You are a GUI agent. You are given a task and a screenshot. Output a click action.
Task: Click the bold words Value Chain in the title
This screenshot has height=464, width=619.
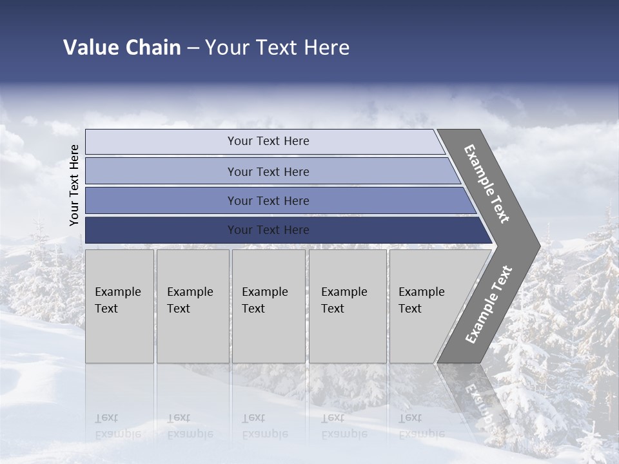click(x=122, y=48)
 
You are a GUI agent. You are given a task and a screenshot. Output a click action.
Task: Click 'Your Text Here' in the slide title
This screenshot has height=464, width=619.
click(x=277, y=48)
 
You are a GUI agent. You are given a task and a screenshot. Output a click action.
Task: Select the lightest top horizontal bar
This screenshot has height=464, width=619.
click(x=161, y=142)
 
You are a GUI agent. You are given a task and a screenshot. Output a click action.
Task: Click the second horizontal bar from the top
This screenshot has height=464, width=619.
click(x=161, y=171)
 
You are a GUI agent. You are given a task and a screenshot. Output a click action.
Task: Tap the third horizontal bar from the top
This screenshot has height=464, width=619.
click(x=161, y=200)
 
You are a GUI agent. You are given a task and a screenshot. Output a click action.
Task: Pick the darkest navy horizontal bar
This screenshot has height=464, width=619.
click(x=161, y=230)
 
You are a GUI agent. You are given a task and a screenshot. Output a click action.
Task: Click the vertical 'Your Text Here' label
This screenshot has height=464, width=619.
click(x=74, y=185)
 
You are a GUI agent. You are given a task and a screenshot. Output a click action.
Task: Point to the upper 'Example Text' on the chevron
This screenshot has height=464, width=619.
click(x=487, y=184)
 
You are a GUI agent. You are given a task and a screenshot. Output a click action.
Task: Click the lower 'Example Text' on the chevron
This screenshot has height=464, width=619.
click(x=489, y=304)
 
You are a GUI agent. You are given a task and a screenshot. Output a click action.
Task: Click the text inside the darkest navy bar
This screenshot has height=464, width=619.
click(x=268, y=230)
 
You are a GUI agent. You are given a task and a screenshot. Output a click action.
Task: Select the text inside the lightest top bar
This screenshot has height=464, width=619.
click(x=268, y=141)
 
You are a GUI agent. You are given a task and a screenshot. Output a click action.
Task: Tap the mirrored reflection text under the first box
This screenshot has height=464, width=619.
click(x=117, y=425)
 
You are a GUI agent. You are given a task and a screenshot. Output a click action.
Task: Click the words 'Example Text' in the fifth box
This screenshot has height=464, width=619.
click(x=421, y=300)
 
